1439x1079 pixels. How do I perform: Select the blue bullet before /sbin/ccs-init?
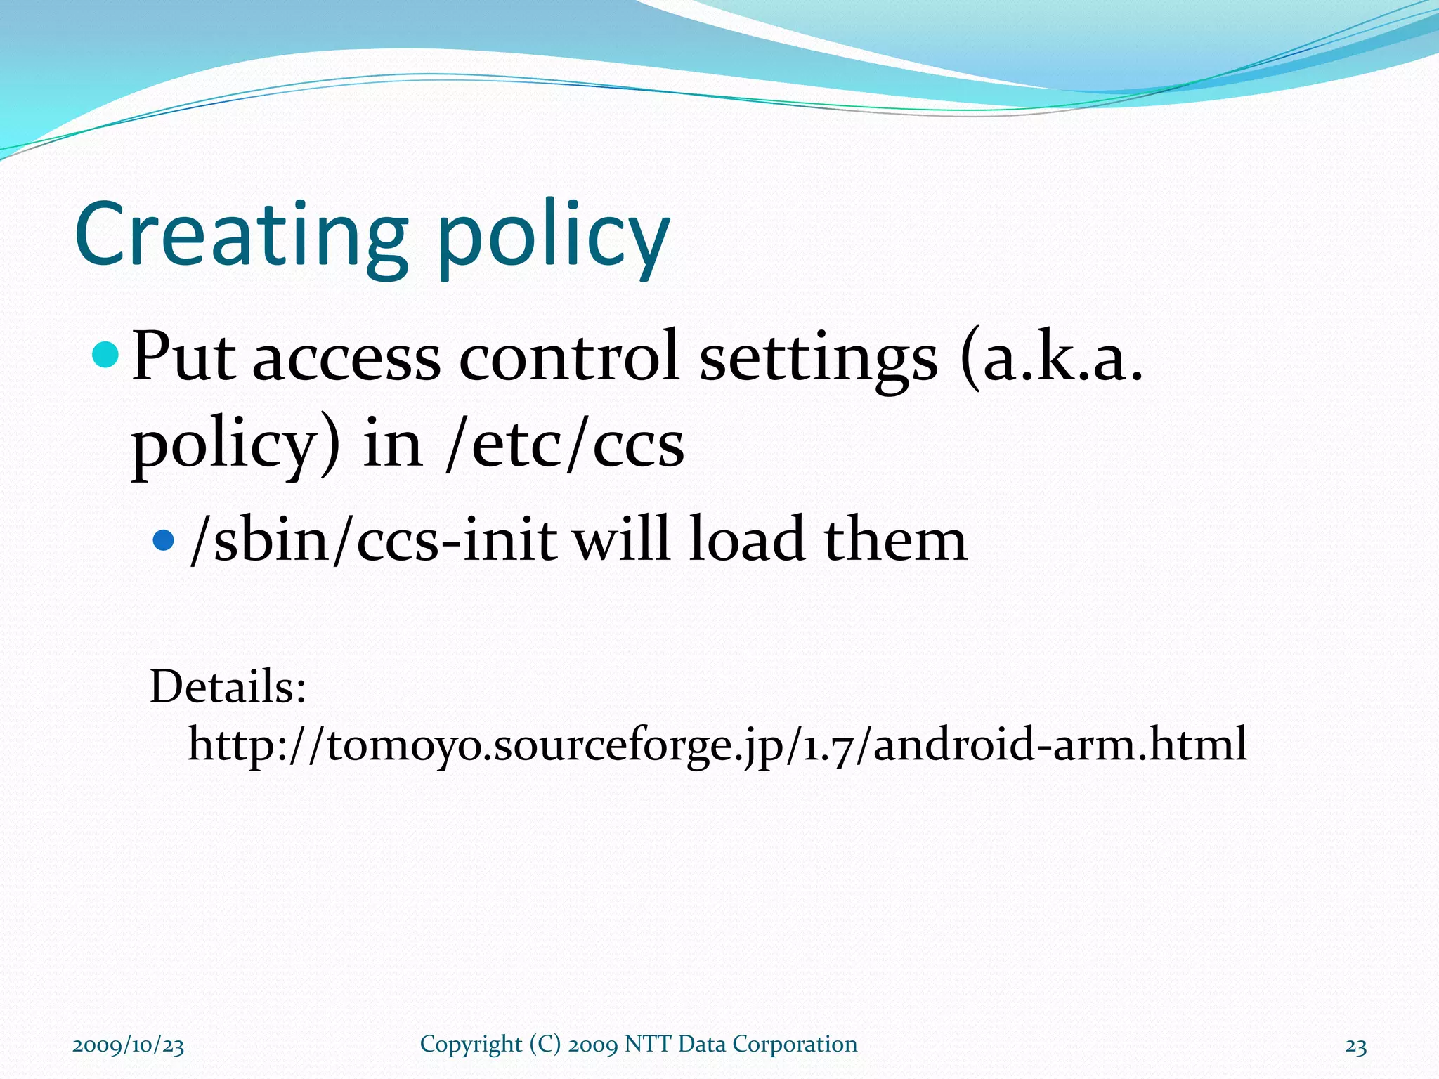point(163,539)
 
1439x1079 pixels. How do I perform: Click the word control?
point(569,357)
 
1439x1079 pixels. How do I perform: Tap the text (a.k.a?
point(1051,357)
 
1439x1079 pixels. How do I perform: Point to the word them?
point(895,539)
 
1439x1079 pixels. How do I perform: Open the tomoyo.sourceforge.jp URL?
point(717,745)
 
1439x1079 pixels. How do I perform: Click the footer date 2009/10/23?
point(128,1045)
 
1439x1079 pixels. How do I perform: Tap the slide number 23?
point(1355,1047)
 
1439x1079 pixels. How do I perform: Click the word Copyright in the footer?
point(471,1045)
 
